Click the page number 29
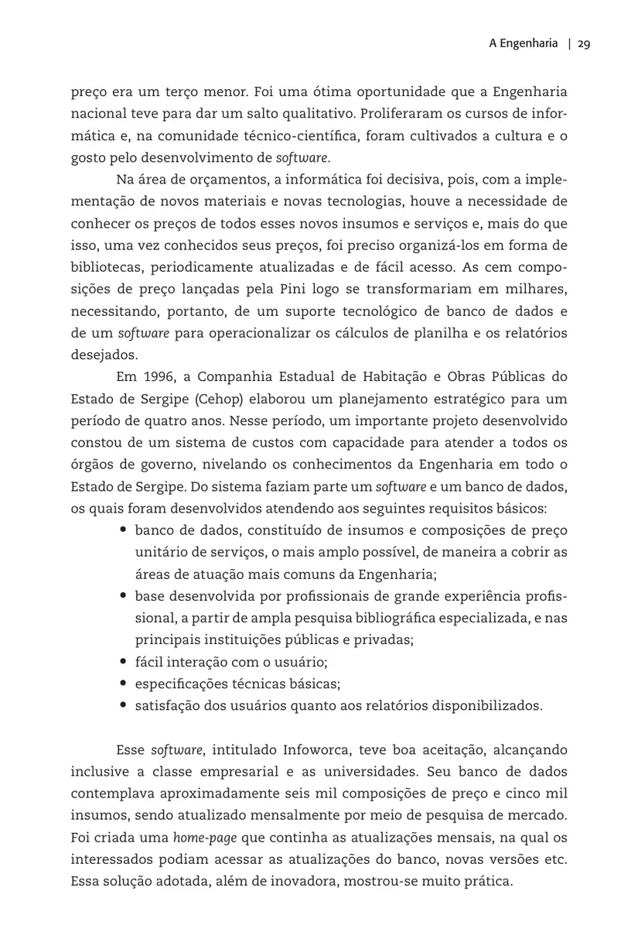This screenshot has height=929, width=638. [x=583, y=44]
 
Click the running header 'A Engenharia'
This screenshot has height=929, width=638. [x=523, y=44]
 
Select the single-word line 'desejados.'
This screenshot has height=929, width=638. [x=104, y=355]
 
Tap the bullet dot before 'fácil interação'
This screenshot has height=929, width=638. [x=124, y=662]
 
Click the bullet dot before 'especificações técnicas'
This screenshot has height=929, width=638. [x=124, y=684]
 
